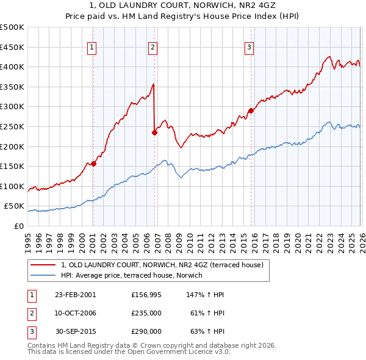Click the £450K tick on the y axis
12,47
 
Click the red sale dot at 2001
94,164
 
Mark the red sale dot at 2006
154,132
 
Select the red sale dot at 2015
251,110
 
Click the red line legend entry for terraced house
162,265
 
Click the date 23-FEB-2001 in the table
75,295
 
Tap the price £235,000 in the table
146,313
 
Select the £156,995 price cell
146,295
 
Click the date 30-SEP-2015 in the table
75,331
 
